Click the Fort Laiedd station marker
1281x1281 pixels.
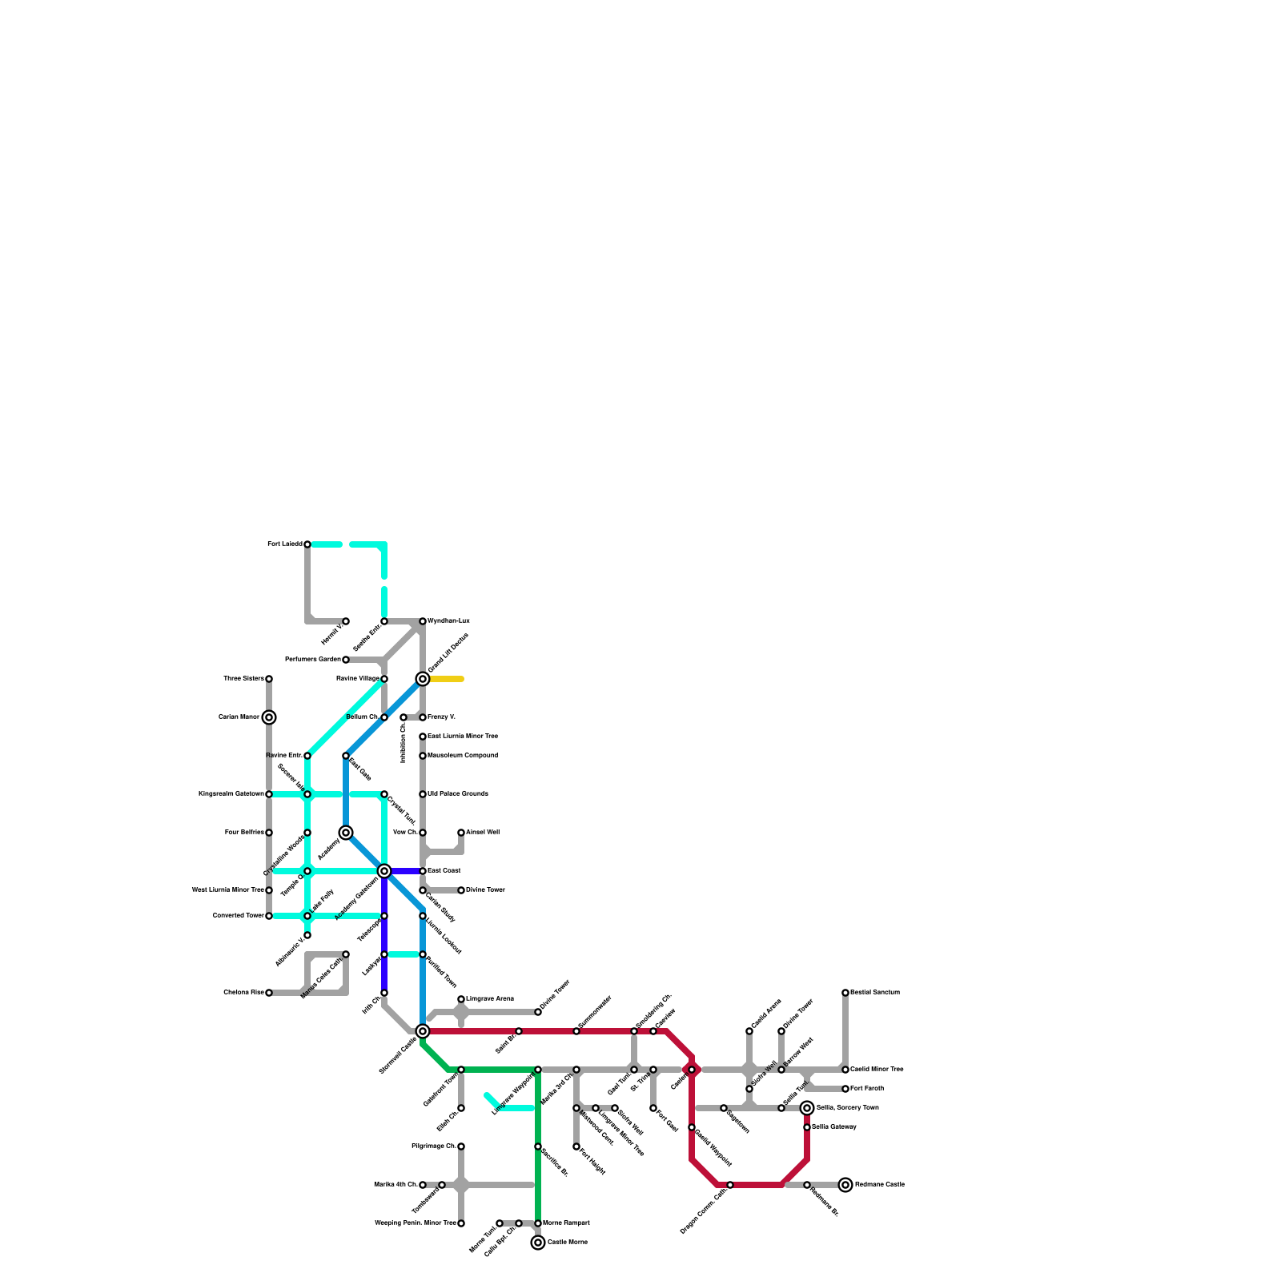[x=307, y=544]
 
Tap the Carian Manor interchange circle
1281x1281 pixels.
[x=269, y=717]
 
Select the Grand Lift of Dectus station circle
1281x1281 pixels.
[x=423, y=679]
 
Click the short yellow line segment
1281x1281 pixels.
[x=447, y=679]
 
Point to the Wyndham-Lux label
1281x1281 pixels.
[x=448, y=621]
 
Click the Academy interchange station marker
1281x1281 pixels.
[x=346, y=833]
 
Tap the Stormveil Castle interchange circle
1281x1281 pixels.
[x=423, y=1031]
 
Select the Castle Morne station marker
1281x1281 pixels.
[x=538, y=1243]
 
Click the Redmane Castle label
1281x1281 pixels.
[x=879, y=1185]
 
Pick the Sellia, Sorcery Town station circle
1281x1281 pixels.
[x=807, y=1108]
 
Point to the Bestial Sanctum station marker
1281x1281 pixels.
[x=845, y=993]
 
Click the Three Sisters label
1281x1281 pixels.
[x=243, y=679]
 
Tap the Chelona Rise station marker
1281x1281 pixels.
[x=269, y=993]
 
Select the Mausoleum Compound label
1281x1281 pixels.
[x=463, y=756]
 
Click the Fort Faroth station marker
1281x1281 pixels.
[x=845, y=1089]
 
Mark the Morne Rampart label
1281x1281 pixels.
[x=566, y=1223]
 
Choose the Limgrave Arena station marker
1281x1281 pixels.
[x=461, y=999]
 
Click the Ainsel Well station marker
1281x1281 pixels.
[x=461, y=833]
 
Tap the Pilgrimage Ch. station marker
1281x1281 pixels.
[x=461, y=1146]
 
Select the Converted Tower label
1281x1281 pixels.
[x=238, y=916]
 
